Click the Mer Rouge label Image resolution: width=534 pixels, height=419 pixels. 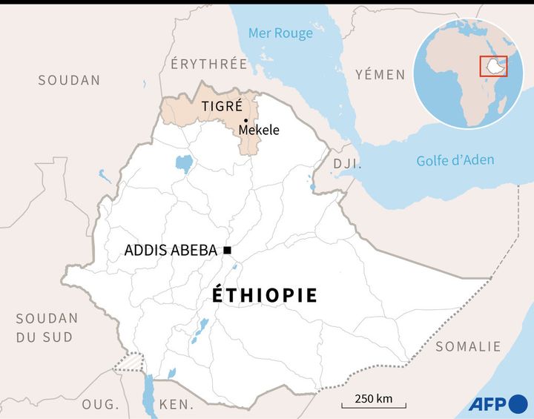click(x=280, y=33)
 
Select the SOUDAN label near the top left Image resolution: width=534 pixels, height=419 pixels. click(x=69, y=80)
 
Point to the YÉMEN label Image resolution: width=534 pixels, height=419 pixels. click(x=380, y=74)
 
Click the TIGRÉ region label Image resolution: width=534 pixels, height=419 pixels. click(x=222, y=106)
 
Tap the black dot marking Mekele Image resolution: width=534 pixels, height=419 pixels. click(x=245, y=120)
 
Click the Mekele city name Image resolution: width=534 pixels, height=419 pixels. click(x=258, y=131)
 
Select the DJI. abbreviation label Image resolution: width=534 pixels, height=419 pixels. click(x=346, y=163)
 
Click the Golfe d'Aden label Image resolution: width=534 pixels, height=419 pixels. click(x=455, y=160)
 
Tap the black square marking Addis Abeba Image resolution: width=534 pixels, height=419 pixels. click(x=227, y=250)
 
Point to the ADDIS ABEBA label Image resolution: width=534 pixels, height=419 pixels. click(x=171, y=251)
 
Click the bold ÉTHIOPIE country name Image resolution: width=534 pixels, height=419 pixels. click(x=265, y=295)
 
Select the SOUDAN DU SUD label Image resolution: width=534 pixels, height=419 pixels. click(x=47, y=327)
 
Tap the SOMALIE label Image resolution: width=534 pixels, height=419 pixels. click(x=468, y=346)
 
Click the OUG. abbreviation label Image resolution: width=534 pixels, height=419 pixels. click(x=100, y=404)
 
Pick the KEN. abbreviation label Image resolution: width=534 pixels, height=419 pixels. click(x=177, y=405)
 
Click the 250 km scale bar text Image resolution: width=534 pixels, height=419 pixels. click(x=373, y=398)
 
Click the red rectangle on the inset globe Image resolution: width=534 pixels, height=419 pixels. click(x=493, y=66)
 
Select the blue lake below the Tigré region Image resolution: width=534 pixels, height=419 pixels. click(x=182, y=162)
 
